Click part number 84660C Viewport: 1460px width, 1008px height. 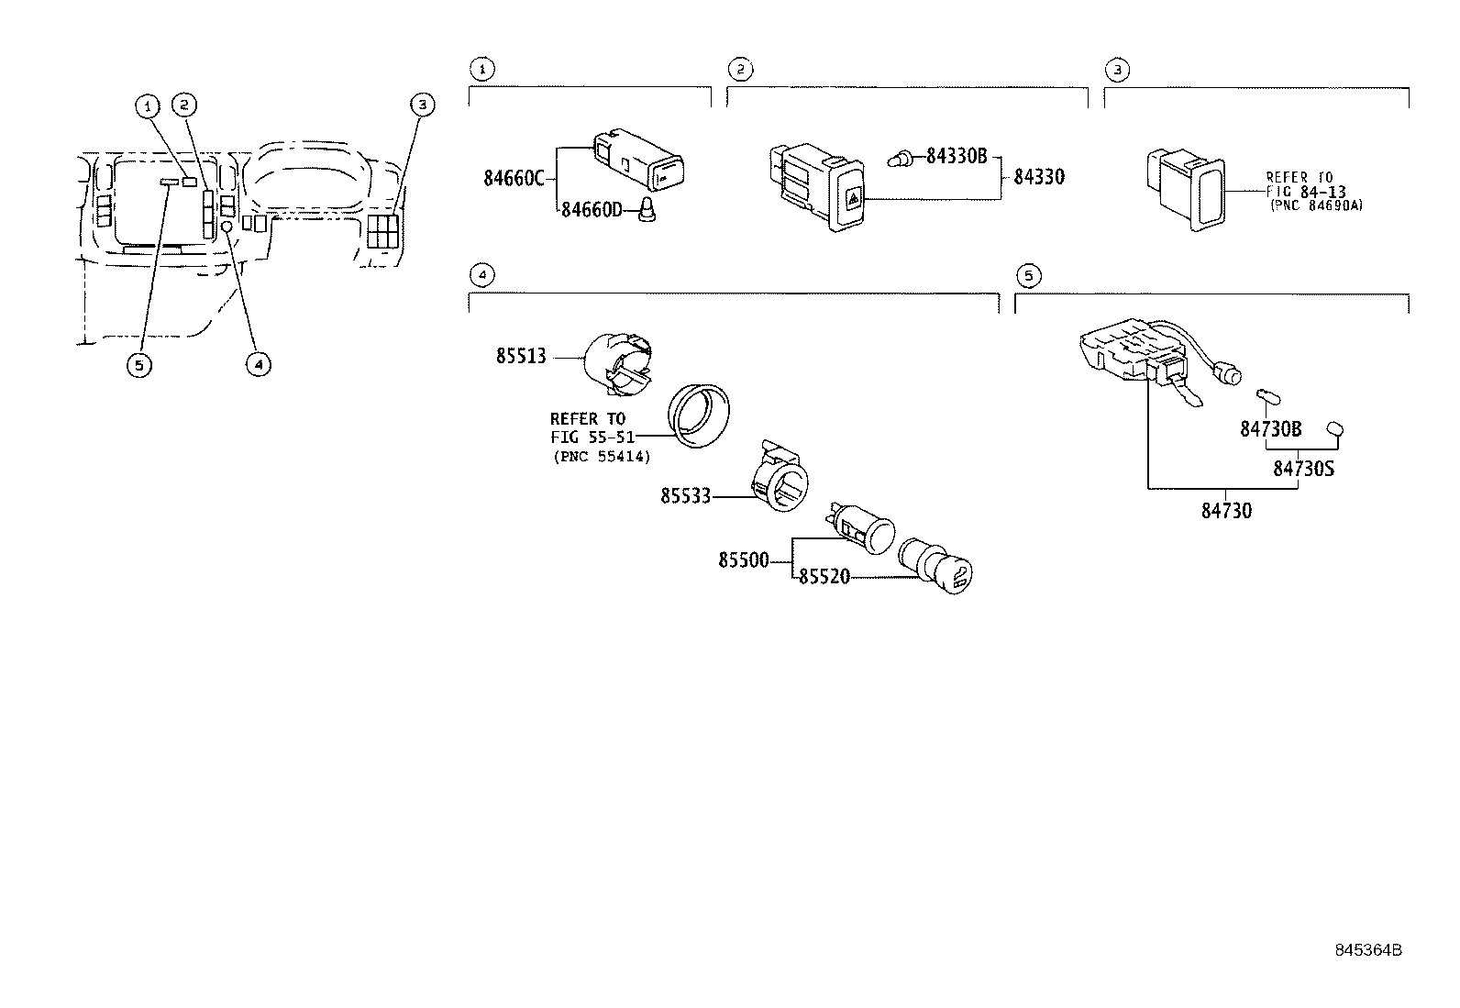coord(514,178)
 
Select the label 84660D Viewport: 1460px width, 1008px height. coord(592,211)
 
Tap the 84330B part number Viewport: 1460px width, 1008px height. coord(956,156)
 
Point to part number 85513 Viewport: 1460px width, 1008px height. coord(521,356)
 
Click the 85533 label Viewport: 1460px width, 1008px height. coord(685,497)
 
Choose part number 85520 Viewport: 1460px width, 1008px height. coord(824,577)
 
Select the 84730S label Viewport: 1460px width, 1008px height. coord(1303,469)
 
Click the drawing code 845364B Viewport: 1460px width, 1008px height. coord(1368,950)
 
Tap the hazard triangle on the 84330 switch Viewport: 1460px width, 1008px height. coord(851,197)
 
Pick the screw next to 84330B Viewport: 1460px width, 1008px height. coord(901,161)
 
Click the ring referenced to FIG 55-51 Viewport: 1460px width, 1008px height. coord(702,417)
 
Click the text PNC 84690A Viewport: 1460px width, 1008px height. coord(1316,206)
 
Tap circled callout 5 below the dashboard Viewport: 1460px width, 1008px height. coord(138,365)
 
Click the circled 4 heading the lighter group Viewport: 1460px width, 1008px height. coord(482,275)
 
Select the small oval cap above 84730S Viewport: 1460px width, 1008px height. coord(1336,428)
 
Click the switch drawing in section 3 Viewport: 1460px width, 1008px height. coord(1184,190)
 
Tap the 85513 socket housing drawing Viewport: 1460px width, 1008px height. coord(620,362)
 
